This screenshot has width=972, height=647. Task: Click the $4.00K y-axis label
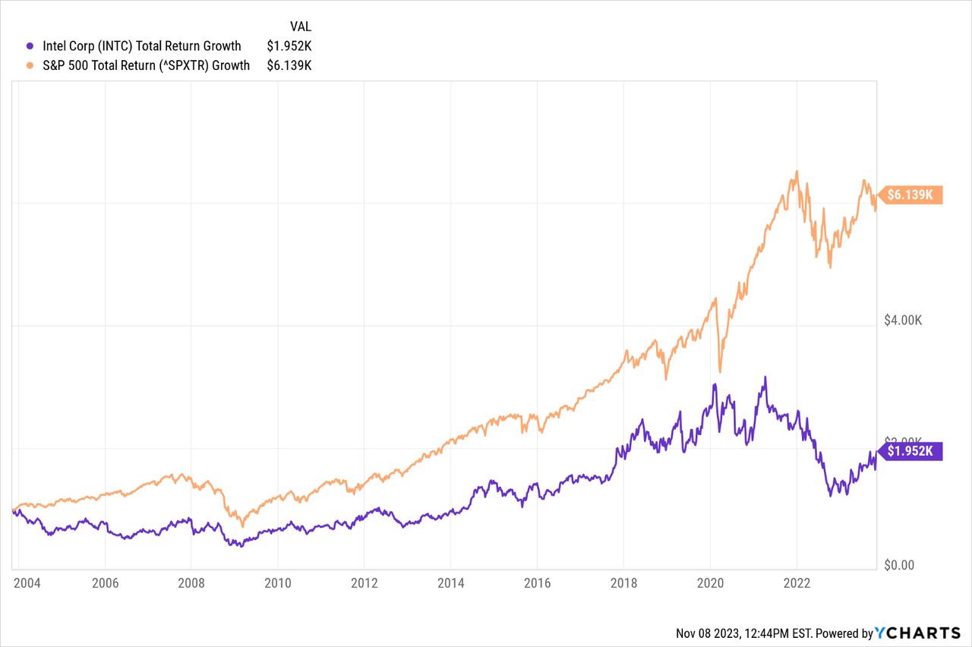903,320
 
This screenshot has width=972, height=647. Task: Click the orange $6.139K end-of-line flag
910,195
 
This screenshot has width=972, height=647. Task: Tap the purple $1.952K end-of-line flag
910,452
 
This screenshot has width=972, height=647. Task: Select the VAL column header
301,25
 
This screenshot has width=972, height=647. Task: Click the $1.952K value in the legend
289,46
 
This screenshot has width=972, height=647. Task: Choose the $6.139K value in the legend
289,65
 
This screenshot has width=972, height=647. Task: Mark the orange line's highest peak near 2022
797,171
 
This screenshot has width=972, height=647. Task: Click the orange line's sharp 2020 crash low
720,371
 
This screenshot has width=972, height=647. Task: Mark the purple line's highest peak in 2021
765,377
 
